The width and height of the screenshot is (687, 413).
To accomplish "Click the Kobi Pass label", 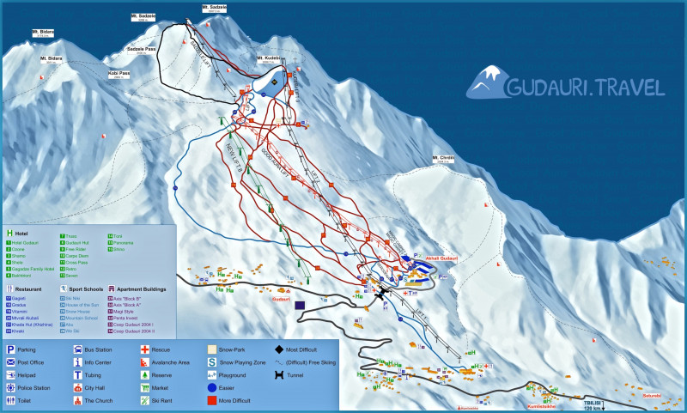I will pyautogui.click(x=119, y=74).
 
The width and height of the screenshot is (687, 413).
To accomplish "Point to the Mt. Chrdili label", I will pyautogui.click(x=443, y=158).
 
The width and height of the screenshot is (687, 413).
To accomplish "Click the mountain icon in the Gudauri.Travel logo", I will pyautogui.click(x=485, y=83).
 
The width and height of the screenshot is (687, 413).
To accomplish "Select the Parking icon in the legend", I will pyautogui.click(x=11, y=350).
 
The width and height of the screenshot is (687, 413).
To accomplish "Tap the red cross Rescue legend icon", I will pyautogui.click(x=145, y=350).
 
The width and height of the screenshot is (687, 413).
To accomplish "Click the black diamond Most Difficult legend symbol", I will pyautogui.click(x=279, y=350).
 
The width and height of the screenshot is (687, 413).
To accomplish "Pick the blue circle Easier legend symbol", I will pyautogui.click(x=212, y=387).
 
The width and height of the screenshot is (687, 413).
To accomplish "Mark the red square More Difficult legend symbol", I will pyautogui.click(x=212, y=400).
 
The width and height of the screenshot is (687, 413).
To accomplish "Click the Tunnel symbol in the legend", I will pyautogui.click(x=279, y=375).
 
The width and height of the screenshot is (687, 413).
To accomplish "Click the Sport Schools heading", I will pyautogui.click(x=84, y=289).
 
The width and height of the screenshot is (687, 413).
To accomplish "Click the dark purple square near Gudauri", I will pyautogui.click(x=300, y=305).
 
